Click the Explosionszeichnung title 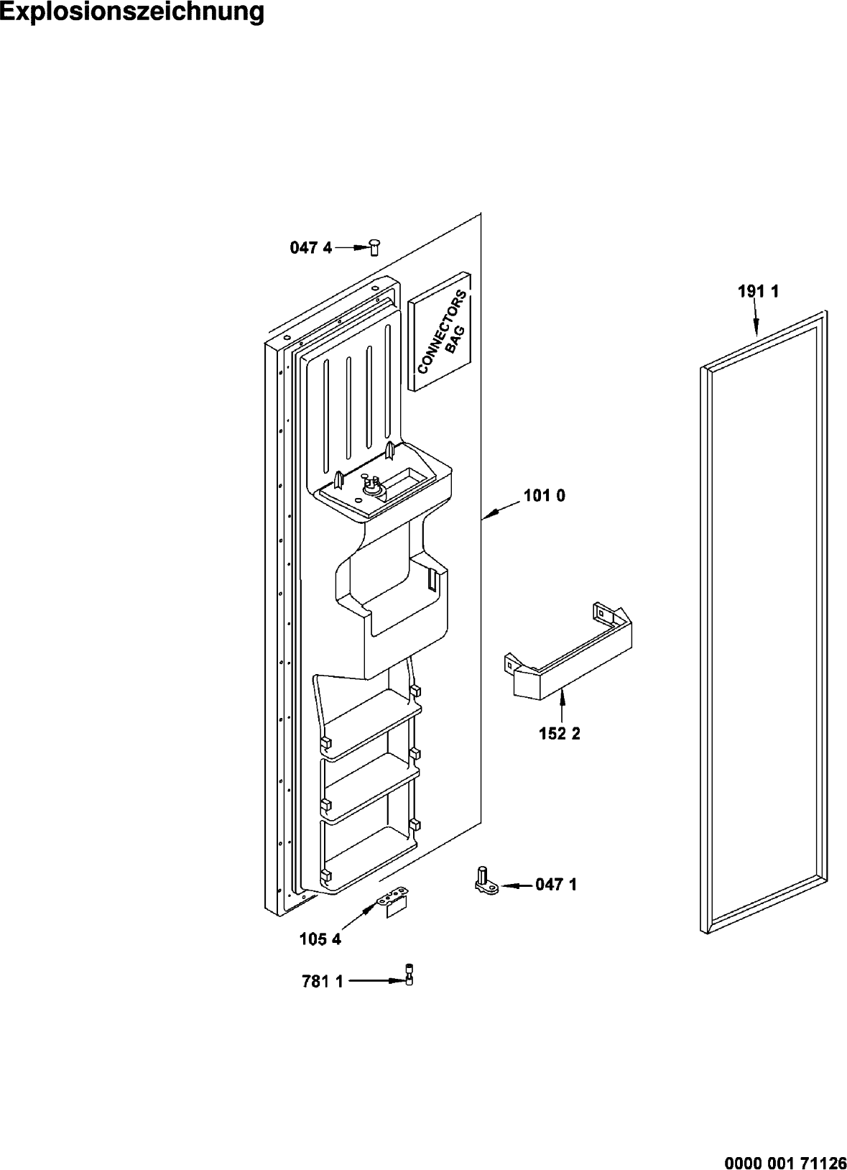[x=132, y=12]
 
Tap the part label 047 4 [x=311, y=248]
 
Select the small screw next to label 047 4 [x=374, y=247]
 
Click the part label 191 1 [x=758, y=291]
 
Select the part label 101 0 [x=544, y=496]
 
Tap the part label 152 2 [x=560, y=734]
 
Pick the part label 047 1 [x=556, y=885]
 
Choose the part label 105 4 [x=320, y=939]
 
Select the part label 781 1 [x=322, y=982]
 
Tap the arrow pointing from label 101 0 [x=499, y=510]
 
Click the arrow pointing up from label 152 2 [x=561, y=704]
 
